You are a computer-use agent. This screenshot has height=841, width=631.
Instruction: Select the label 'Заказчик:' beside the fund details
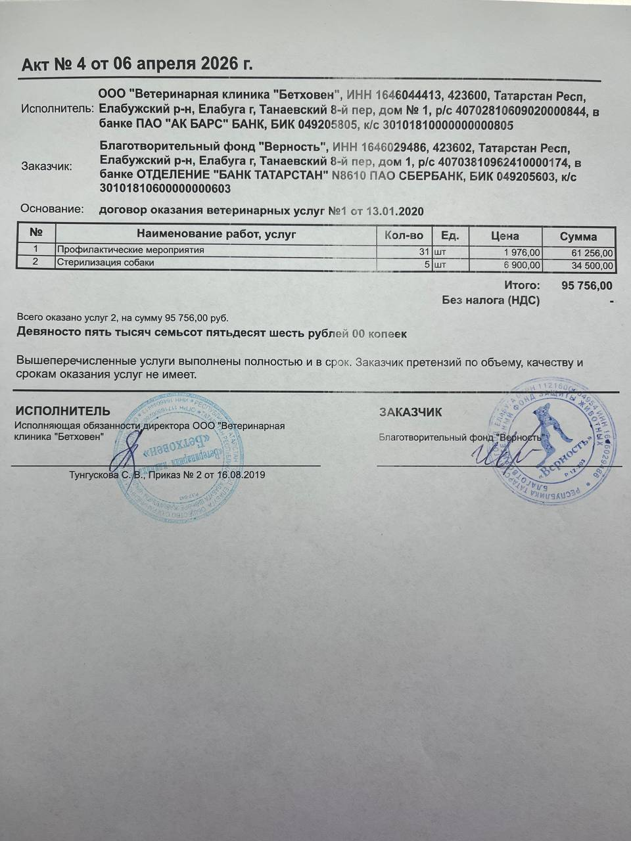[x=47, y=166]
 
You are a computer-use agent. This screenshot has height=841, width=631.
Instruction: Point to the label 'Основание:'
[x=52, y=210]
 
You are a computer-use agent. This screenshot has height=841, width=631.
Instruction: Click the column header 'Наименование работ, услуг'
[x=216, y=235]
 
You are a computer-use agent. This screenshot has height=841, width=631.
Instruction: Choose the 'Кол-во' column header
[x=404, y=235]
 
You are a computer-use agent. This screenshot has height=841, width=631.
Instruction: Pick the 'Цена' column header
[x=505, y=236]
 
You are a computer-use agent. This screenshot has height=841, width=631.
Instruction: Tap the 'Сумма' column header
[x=578, y=237]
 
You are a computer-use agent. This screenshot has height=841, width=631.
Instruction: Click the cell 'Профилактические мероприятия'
[x=131, y=250]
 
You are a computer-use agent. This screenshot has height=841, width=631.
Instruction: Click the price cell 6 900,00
[x=522, y=265]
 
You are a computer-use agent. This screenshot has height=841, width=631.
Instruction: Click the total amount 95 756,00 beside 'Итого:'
[x=587, y=286]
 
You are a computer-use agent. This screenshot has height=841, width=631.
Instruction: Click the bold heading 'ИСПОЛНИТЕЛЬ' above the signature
[x=63, y=411]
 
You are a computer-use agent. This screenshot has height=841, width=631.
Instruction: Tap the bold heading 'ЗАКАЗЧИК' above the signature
[x=410, y=413]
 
